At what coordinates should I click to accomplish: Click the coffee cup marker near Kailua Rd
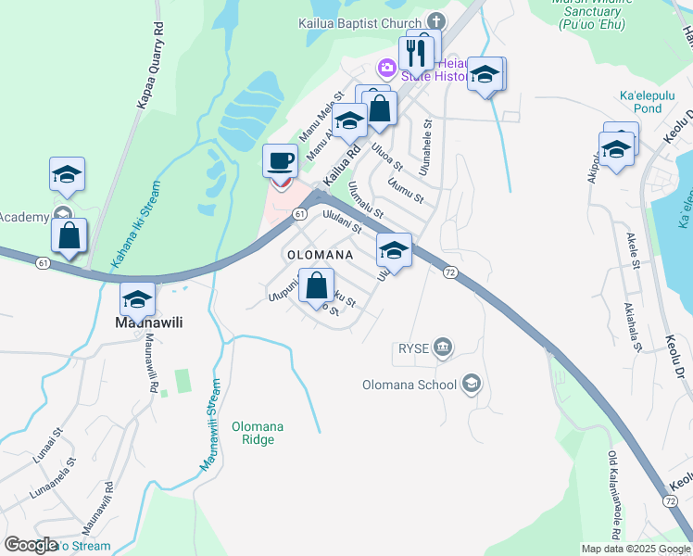click(280, 162)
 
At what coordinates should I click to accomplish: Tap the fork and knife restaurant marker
click(417, 54)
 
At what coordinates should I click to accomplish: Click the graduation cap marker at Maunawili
click(137, 299)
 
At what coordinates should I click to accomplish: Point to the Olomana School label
click(409, 385)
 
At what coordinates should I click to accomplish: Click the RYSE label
click(411, 347)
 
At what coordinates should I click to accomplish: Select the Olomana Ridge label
click(258, 433)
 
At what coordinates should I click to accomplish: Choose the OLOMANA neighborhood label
click(320, 254)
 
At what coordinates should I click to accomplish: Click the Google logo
click(31, 545)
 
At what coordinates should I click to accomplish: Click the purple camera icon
click(386, 67)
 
